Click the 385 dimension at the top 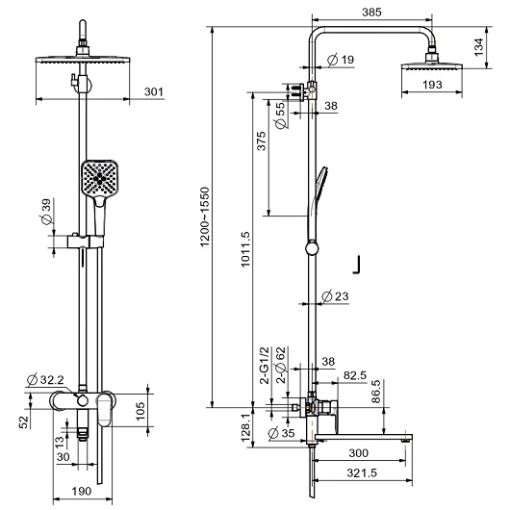pyautogui.click(x=371, y=13)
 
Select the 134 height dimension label pyautogui.click(x=478, y=47)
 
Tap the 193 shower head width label pyautogui.click(x=432, y=85)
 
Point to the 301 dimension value pyautogui.click(x=154, y=91)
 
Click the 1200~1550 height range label pyautogui.click(x=205, y=217)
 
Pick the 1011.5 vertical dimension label pyautogui.click(x=245, y=249)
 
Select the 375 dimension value pyautogui.click(x=262, y=140)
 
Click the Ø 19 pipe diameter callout pyautogui.click(x=341, y=60)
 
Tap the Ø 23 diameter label pyautogui.click(x=335, y=296)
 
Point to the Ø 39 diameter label pyautogui.click(x=46, y=212)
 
